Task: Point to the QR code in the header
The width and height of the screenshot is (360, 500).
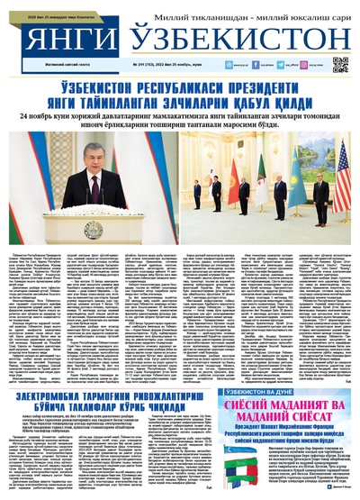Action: point(339,64)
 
